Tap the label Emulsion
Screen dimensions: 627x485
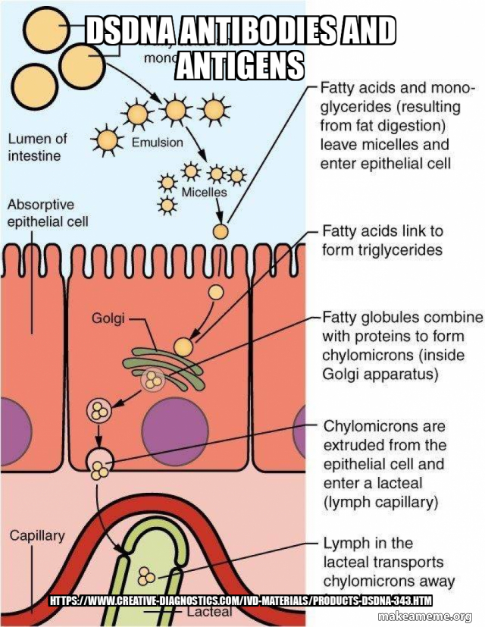coord(158,142)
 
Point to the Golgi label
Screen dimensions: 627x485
coord(108,318)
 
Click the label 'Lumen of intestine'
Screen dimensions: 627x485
coord(38,147)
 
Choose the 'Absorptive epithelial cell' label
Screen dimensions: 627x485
coord(47,213)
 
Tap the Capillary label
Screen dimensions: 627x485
coord(37,535)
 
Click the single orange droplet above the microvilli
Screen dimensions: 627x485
coord(221,232)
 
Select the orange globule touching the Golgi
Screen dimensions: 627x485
coord(183,346)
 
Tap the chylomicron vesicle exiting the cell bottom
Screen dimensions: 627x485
coord(99,462)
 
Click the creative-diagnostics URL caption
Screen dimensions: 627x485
coord(241,601)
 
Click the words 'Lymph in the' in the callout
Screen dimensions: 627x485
coord(368,543)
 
